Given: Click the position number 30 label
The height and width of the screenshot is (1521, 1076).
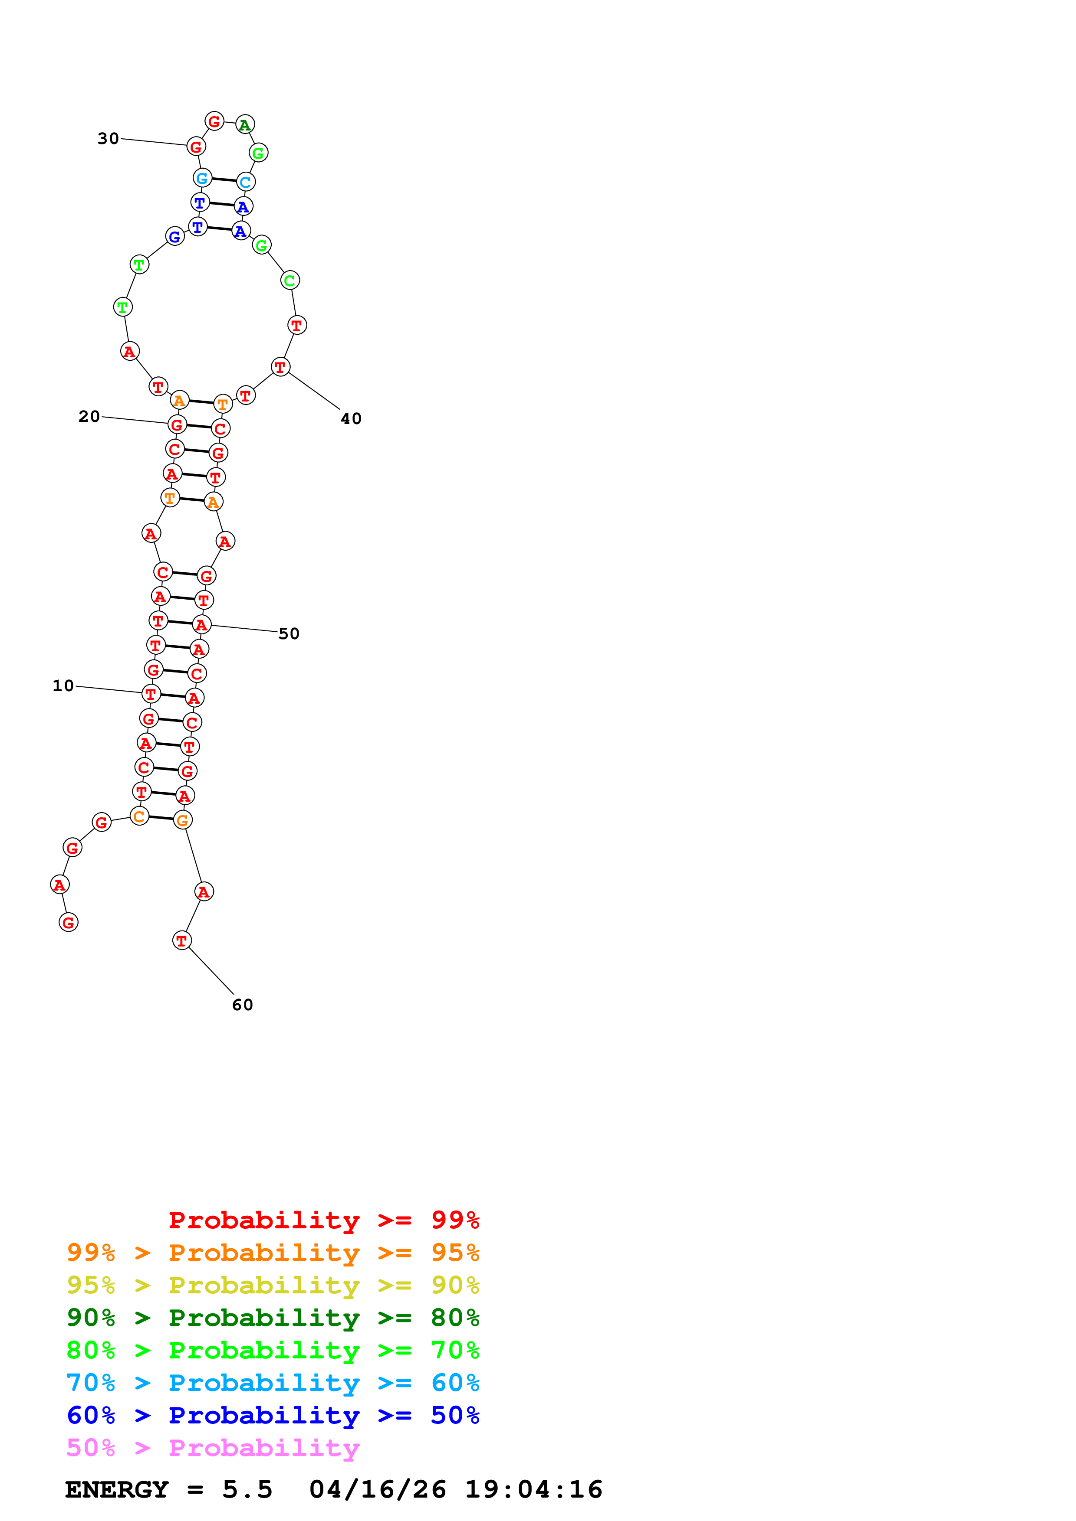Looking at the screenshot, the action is (x=108, y=138).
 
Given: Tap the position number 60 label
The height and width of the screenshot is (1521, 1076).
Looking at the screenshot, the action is (x=243, y=1005).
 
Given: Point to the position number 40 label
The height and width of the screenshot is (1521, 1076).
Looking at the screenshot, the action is (x=351, y=419).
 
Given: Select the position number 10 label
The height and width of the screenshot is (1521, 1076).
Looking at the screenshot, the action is (x=63, y=685).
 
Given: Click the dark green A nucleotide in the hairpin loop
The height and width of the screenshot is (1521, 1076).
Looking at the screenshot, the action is (x=245, y=124).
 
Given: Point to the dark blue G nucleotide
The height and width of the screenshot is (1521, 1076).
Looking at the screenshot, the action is (x=175, y=236).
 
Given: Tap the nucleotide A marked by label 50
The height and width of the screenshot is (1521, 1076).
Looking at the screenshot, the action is (x=201, y=625).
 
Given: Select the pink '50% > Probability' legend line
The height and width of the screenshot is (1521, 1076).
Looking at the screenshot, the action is (x=213, y=1448).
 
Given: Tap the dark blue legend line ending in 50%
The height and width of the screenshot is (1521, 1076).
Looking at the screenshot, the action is (x=273, y=1416).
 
